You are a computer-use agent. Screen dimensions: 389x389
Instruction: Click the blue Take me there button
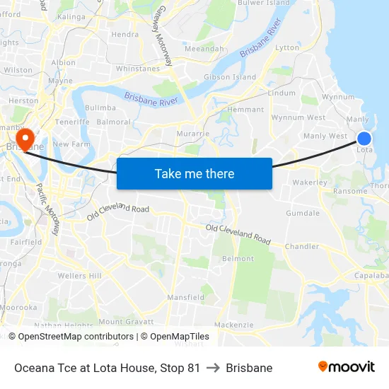tap(194, 173)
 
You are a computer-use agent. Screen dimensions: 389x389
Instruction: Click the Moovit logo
tap(346, 367)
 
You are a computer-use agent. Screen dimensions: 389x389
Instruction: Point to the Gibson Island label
tap(230, 77)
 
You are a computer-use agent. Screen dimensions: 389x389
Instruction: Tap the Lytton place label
tap(288, 47)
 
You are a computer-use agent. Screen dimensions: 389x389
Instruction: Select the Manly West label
tap(325, 136)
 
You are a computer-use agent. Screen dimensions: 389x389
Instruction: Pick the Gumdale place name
tap(303, 213)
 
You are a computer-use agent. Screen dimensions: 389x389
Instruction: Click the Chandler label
tap(302, 247)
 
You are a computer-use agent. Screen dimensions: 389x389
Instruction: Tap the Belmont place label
tap(238, 260)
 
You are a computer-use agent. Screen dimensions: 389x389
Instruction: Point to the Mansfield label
tap(186, 298)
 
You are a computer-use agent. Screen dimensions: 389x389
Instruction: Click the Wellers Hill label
tap(80, 276)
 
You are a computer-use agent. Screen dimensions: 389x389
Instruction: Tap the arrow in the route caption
tap(213, 368)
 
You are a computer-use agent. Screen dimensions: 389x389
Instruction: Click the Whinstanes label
tap(137, 69)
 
